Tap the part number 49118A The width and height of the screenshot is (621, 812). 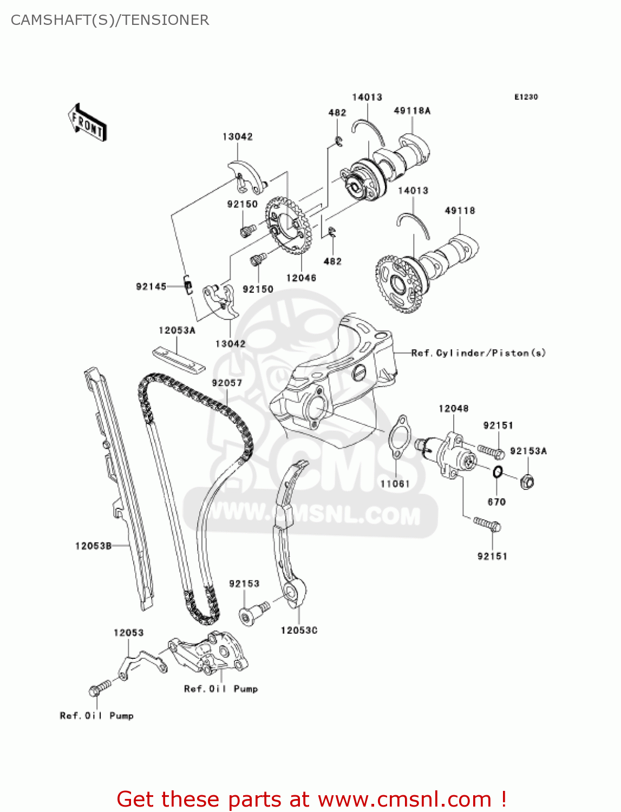click(412, 111)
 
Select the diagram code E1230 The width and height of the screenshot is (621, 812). click(526, 97)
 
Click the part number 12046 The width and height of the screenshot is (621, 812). click(301, 278)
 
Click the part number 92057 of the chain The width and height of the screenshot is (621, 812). click(227, 383)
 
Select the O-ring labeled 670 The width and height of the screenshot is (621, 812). click(498, 472)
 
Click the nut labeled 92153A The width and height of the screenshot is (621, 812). click(527, 481)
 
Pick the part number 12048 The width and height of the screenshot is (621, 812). click(453, 409)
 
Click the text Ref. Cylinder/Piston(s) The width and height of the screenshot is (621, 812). click(479, 353)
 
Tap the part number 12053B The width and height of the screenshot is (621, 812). click(93, 546)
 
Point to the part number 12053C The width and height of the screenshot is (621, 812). click(299, 630)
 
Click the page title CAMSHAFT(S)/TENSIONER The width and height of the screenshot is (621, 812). click(110, 20)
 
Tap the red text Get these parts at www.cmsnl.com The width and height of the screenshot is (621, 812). click(311, 799)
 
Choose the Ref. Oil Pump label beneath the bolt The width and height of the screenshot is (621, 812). click(96, 716)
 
